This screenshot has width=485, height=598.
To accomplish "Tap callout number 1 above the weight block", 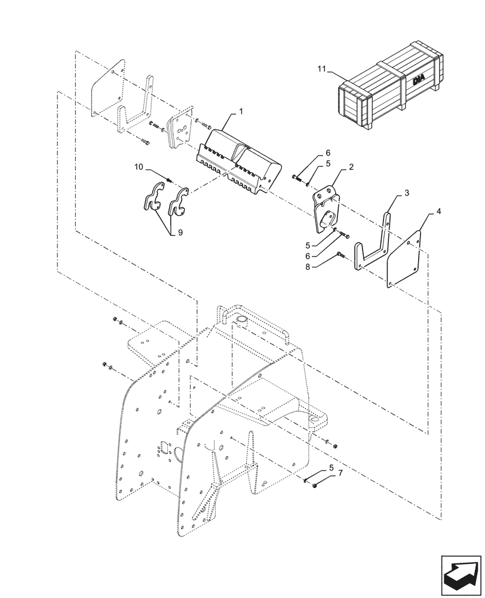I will point(241,112).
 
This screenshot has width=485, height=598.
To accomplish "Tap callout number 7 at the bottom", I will point(340,473).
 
